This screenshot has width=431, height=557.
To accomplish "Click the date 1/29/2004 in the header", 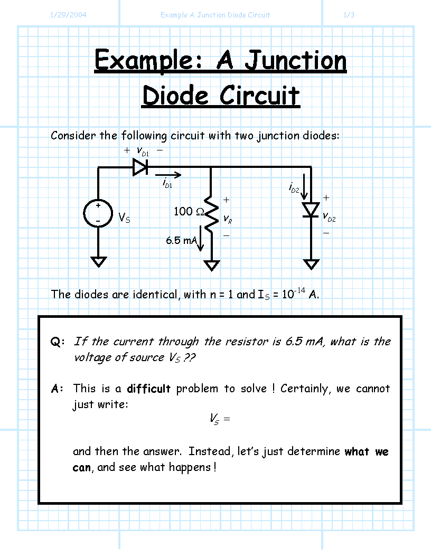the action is pos(68,15).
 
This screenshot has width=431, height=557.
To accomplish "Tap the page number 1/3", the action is pos(349,15).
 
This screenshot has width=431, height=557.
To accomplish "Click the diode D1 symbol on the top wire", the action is pos(140,167).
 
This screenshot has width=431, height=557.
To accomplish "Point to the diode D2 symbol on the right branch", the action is pos(311,210).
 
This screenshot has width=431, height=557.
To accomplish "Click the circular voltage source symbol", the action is pos(98,213).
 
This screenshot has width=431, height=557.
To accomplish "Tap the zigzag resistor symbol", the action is pos(211,214).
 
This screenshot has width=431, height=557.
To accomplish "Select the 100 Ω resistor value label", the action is pos(189,211).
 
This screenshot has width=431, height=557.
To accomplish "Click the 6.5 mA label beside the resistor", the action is pos(181,241).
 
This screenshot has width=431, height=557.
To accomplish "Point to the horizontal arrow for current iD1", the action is pos(168,175).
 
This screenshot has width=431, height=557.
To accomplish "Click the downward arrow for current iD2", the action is pos(304,187).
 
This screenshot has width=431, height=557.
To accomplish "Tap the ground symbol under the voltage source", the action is pos(98,262).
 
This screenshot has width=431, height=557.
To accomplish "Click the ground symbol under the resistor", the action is pos(211,266).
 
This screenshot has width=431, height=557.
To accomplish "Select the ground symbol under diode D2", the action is pos(311,265).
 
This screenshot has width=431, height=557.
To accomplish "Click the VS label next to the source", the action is pos(124,218).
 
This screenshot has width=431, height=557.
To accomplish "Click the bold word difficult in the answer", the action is pos(148,389).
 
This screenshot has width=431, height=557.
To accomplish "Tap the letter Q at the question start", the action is pos(55,342).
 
